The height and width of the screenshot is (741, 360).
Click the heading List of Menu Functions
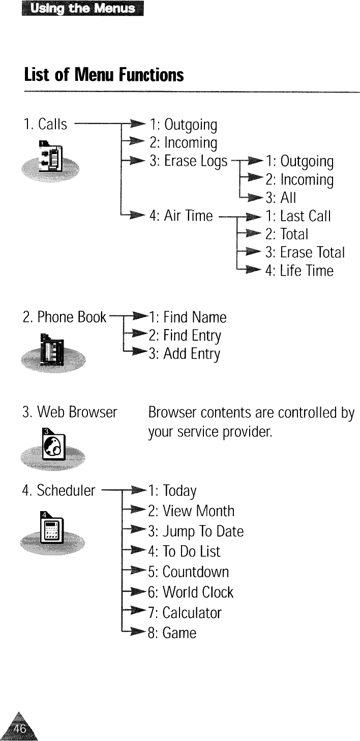pos(103,75)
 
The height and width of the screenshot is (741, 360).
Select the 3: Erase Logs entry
pos(188,161)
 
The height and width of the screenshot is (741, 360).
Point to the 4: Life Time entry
pos(299,271)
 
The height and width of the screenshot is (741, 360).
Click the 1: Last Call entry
pos(298,216)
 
